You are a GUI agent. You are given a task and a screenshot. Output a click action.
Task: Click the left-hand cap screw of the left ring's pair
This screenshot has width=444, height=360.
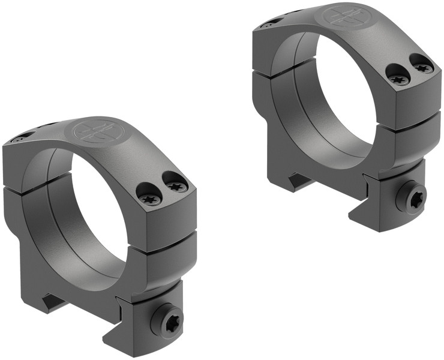coord(149,197)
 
